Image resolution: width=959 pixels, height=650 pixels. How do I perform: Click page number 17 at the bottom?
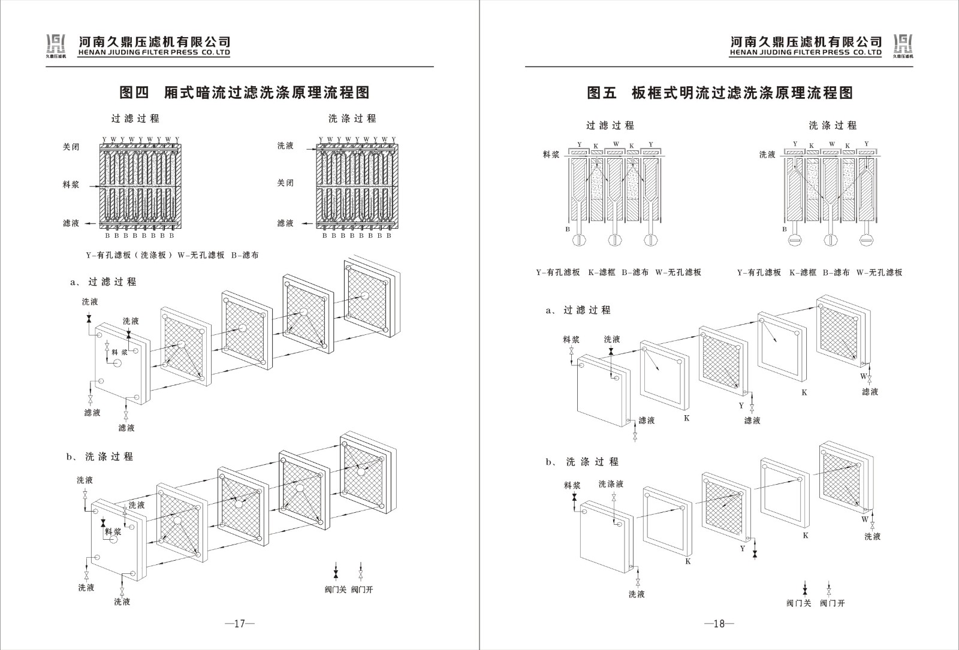pyautogui.click(x=240, y=624)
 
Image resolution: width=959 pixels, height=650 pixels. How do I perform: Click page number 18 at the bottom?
pyautogui.click(x=719, y=624)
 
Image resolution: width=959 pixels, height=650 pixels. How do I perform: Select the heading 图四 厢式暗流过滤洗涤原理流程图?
pyautogui.click(x=244, y=92)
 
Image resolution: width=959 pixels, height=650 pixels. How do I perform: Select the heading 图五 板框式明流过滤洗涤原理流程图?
pyautogui.click(x=719, y=93)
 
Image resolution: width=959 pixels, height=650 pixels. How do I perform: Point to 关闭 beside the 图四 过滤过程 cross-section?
pyautogui.click(x=71, y=147)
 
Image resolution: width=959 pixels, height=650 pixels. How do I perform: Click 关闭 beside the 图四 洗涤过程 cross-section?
pyautogui.click(x=285, y=183)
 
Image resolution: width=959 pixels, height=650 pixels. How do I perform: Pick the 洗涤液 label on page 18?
pyautogui.click(x=611, y=484)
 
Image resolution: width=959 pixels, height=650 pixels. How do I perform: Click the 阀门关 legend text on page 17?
pyautogui.click(x=336, y=589)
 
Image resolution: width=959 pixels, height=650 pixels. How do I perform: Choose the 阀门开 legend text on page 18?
pyautogui.click(x=833, y=603)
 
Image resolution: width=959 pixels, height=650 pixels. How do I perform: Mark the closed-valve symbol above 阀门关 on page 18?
pyautogui.click(x=804, y=588)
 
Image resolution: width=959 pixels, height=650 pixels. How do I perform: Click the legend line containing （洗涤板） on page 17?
pyautogui.click(x=173, y=255)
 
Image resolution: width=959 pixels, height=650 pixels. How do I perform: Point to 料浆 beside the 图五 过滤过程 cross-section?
pyautogui.click(x=551, y=155)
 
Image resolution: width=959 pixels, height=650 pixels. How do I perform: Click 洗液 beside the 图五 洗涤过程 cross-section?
pyautogui.click(x=767, y=155)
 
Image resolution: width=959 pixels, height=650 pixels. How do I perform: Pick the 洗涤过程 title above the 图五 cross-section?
pyautogui.click(x=833, y=125)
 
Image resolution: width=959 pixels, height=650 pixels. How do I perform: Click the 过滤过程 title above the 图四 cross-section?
pyautogui.click(x=135, y=119)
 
